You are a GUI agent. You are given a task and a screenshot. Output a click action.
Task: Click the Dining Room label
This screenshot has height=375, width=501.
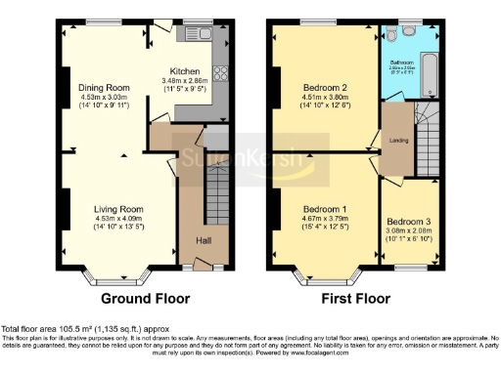pos(103,87)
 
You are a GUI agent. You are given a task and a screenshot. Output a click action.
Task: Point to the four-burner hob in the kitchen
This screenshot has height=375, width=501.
pos(221,73)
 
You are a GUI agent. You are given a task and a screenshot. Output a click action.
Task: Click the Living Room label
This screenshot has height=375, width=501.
pos(118,208)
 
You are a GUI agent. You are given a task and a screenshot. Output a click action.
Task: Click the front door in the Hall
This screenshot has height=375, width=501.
pos(204,263)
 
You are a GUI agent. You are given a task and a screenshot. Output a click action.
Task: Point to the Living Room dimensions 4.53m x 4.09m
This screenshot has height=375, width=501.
pos(118,218)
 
